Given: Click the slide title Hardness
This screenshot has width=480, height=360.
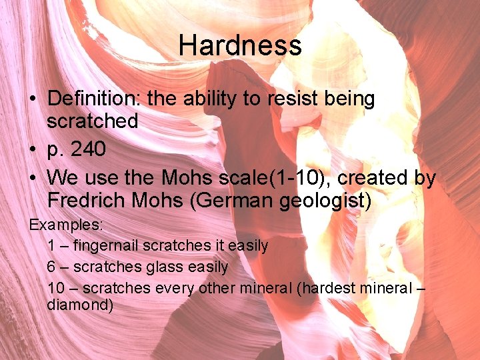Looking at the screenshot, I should pyautogui.click(x=240, y=46).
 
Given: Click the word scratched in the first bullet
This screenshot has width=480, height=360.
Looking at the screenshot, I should pyautogui.click(x=93, y=121).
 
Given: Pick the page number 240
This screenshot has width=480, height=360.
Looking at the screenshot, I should pyautogui.click(x=87, y=150).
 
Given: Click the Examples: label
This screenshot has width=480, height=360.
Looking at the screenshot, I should pyautogui.click(x=65, y=224).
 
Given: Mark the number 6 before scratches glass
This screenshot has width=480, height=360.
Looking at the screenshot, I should pyautogui.click(x=51, y=267).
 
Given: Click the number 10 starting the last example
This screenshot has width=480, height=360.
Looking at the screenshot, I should pyautogui.click(x=55, y=289).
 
